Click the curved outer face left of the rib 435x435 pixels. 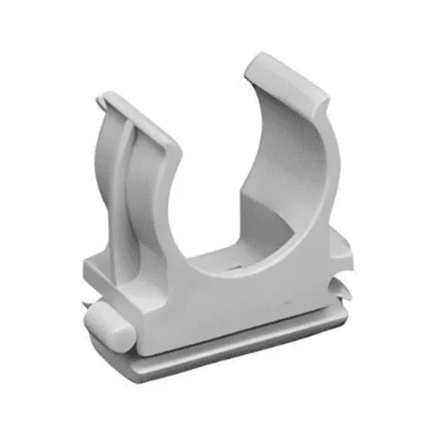[113, 200]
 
